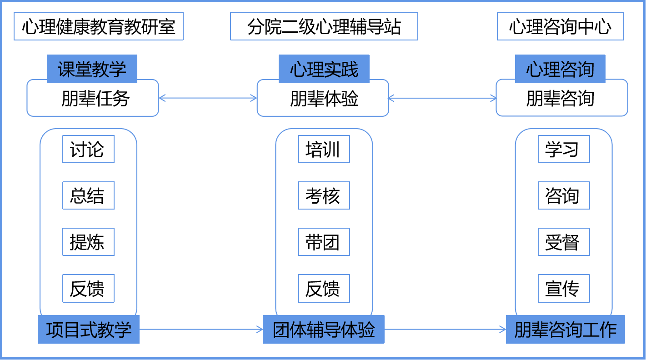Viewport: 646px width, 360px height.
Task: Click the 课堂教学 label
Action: tap(92, 69)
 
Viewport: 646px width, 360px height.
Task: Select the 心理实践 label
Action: tap(324, 69)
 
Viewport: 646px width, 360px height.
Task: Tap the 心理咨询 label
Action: tap(560, 69)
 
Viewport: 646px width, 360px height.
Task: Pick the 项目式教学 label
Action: tap(88, 330)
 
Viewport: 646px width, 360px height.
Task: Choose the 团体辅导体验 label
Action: tap(323, 330)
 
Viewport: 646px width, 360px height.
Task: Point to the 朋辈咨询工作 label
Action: tap(565, 330)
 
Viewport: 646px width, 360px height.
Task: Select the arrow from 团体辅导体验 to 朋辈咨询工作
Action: tap(445, 330)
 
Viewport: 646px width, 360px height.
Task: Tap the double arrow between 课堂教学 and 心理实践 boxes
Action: tap(208, 98)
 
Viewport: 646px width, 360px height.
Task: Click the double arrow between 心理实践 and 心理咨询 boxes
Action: tap(442, 98)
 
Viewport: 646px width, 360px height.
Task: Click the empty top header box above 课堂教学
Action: tap(98, 26)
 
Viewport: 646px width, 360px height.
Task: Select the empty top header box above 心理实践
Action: tap(324, 26)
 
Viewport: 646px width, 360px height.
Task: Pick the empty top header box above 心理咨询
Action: tap(560, 26)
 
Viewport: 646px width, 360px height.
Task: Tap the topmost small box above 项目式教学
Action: tap(88, 149)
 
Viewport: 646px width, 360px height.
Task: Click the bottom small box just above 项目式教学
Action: tap(88, 288)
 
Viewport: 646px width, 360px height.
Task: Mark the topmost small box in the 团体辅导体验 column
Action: tap(324, 149)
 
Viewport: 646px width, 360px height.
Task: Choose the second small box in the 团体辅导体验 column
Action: tap(324, 195)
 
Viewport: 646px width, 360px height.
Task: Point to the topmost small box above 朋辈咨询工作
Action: tap(564, 149)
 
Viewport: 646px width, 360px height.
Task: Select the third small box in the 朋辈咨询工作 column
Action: tap(564, 242)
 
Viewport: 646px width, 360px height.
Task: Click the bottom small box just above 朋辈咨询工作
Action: tap(564, 288)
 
